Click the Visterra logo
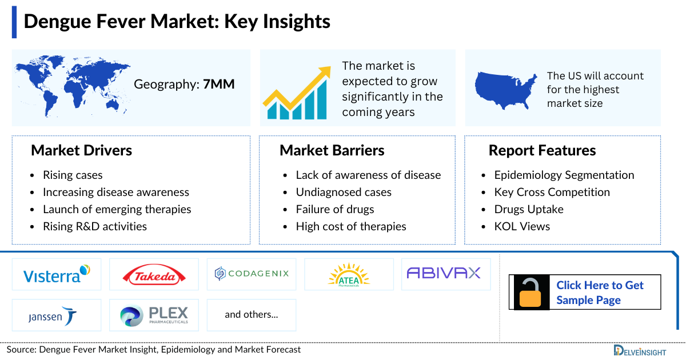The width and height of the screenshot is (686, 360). coord(57,274)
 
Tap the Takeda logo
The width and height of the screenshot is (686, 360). coord(154,275)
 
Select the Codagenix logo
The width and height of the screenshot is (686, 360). coord(252,274)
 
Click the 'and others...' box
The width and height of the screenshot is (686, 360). coord(252,315)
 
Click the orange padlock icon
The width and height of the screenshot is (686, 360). coord(531,293)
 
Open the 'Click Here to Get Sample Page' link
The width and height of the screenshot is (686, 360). coord(600,293)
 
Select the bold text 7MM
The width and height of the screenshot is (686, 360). coord(219,85)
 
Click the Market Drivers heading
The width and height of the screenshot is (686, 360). coord(81,151)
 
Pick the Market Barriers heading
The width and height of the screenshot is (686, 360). coord(332,151)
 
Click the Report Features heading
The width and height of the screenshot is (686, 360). coord(542,151)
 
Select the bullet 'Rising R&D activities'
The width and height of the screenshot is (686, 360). coord(95,226)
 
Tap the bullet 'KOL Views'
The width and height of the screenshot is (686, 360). coord(522,226)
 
